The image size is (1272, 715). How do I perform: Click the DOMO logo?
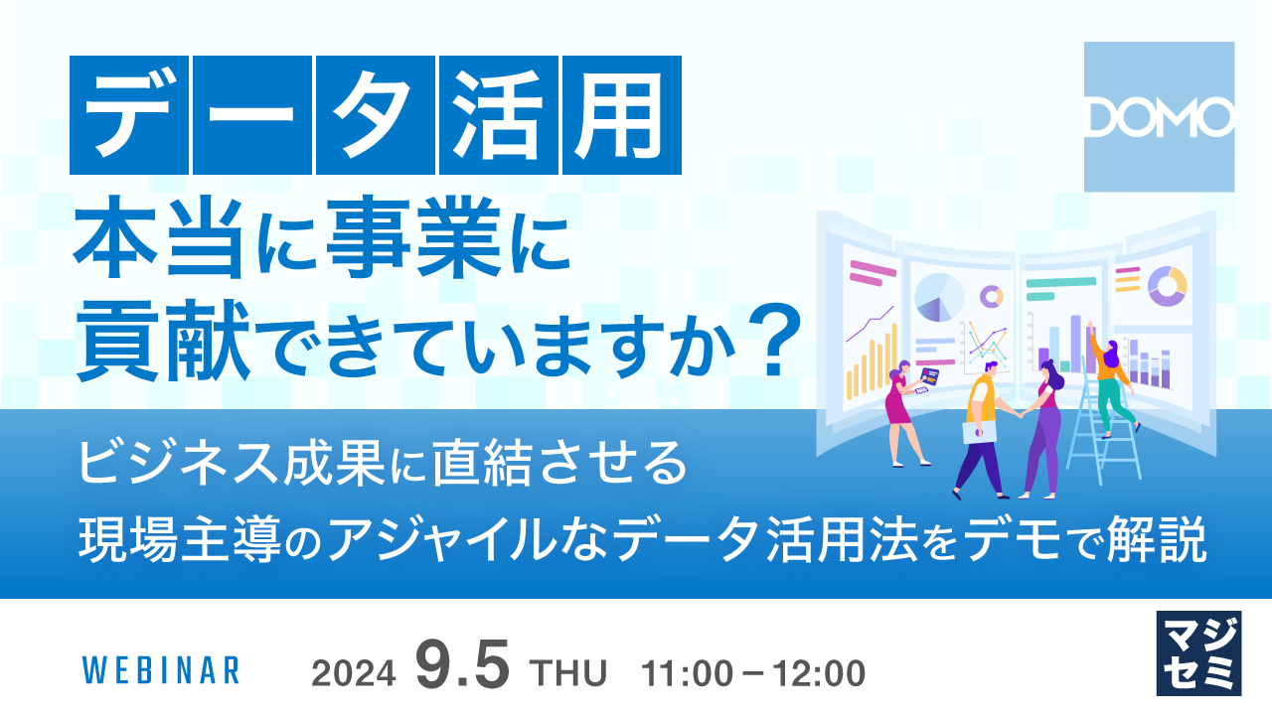point(1159,117)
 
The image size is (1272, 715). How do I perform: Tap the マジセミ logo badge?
point(1199,652)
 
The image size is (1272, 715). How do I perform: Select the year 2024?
point(355,673)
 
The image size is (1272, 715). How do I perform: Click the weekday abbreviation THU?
point(569,673)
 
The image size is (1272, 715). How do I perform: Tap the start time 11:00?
point(685,673)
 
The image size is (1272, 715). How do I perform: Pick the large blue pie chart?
point(938,297)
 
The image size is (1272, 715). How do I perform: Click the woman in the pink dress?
point(899,412)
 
